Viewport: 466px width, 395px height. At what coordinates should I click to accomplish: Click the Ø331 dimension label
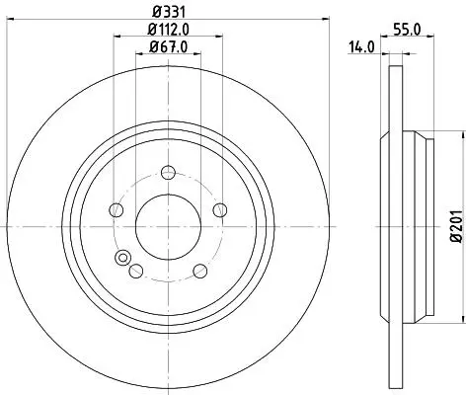pos(169,12)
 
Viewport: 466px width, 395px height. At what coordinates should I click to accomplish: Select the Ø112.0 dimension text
pos(169,30)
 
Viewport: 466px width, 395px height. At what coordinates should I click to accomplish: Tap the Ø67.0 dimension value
pos(169,47)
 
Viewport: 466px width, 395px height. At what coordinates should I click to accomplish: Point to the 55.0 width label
pos(407,30)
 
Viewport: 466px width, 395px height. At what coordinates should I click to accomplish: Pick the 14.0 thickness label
pos(361,47)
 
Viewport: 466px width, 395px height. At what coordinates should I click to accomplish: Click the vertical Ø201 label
pos(456,226)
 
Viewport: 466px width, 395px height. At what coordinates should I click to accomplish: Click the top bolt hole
pos(168,173)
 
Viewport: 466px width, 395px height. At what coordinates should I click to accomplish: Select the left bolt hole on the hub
pos(116,209)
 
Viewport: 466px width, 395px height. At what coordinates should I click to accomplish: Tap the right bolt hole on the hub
pos(220,210)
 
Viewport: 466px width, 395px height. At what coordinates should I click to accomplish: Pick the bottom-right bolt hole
pos(200,271)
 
